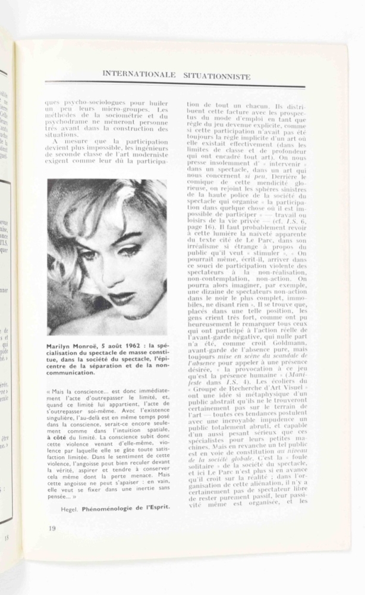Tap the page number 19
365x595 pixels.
[52, 528]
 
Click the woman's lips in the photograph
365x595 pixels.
[122, 298]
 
